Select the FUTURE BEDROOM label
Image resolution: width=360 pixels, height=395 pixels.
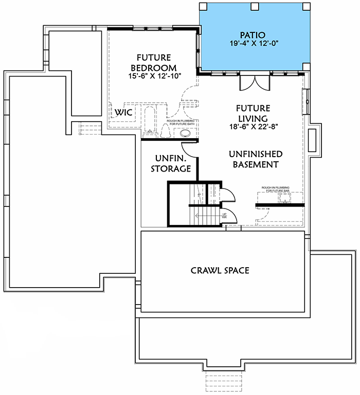[x=157, y=63]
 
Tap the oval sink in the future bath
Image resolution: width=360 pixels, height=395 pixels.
[x=185, y=134]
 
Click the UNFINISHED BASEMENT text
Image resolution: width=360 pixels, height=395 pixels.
[x=255, y=159]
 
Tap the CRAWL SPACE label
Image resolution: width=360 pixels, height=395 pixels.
[x=220, y=270]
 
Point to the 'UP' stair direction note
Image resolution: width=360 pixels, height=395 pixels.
[x=225, y=215]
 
